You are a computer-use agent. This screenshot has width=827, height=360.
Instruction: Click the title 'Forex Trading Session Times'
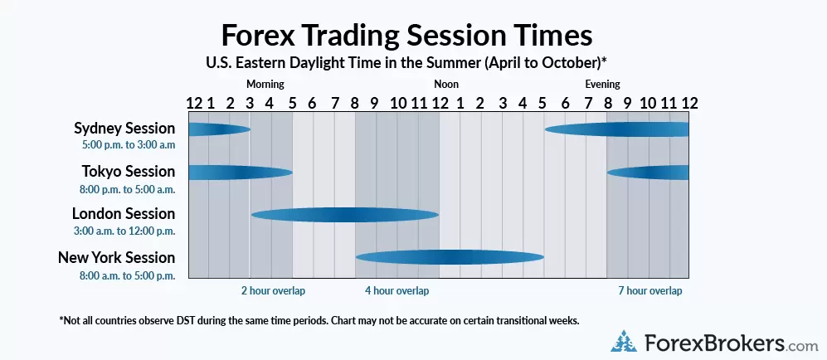[406, 36]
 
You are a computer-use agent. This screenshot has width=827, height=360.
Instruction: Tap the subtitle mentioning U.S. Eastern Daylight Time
[406, 62]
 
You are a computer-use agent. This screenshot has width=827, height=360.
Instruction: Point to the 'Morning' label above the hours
[265, 84]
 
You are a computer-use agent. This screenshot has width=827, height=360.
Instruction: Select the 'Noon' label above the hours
[446, 84]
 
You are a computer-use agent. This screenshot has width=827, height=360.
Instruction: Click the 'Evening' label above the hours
[602, 84]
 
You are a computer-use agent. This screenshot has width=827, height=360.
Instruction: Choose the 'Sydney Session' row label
[124, 129]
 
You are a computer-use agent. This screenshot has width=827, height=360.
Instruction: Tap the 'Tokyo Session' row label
[129, 172]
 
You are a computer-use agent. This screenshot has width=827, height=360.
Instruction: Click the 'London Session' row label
[124, 214]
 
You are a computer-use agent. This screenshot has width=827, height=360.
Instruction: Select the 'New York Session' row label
[117, 258]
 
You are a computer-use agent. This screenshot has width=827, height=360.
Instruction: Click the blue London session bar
[344, 215]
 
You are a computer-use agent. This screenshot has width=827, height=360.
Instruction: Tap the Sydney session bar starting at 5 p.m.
[616, 129]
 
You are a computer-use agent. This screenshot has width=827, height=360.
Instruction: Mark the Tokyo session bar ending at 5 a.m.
[240, 173]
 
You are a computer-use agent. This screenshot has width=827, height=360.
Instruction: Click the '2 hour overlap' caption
[273, 291]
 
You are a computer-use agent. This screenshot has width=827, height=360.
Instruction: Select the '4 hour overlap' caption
[396, 291]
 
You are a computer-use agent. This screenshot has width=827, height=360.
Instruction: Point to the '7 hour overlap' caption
[650, 291]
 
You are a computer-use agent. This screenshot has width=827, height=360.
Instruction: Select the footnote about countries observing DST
[319, 320]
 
